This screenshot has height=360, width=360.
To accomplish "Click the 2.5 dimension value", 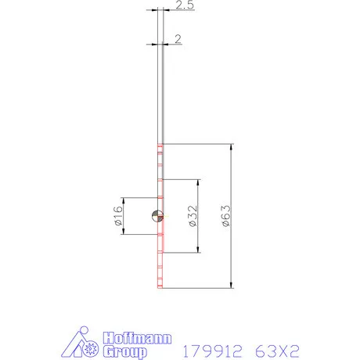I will pos(185,7).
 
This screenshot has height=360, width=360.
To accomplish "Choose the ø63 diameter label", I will pos(225,216).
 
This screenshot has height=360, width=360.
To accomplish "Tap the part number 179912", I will pos(209,346).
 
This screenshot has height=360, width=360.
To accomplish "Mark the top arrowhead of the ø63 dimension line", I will pos(232,148).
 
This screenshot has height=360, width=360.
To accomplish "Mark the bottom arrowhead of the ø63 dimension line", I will pos(232,285).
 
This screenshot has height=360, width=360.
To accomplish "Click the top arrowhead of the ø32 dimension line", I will pos(198,182).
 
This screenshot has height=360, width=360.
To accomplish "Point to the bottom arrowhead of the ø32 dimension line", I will pos(198,250).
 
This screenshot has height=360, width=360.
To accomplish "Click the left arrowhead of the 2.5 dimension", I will pos(154,10).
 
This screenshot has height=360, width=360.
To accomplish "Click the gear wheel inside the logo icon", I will pos(92,345).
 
